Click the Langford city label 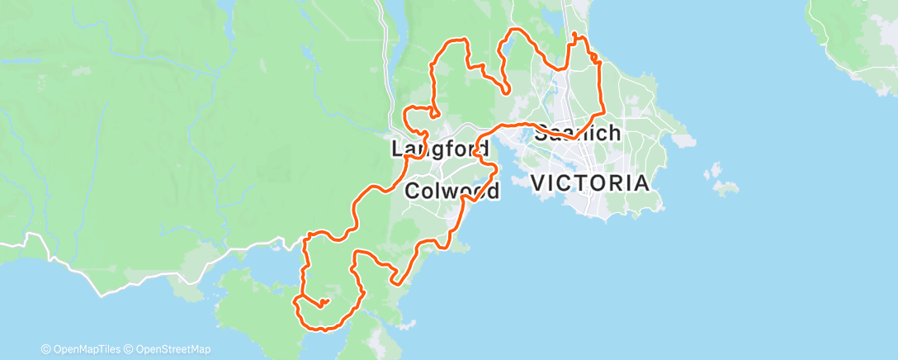[441, 149]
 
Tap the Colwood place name [453, 192]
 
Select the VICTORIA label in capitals [589, 182]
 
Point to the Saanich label [578, 133]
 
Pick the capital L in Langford [397, 149]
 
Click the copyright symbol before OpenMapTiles [46, 349]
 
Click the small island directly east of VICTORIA [725, 188]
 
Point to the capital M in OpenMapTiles [85, 349]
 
